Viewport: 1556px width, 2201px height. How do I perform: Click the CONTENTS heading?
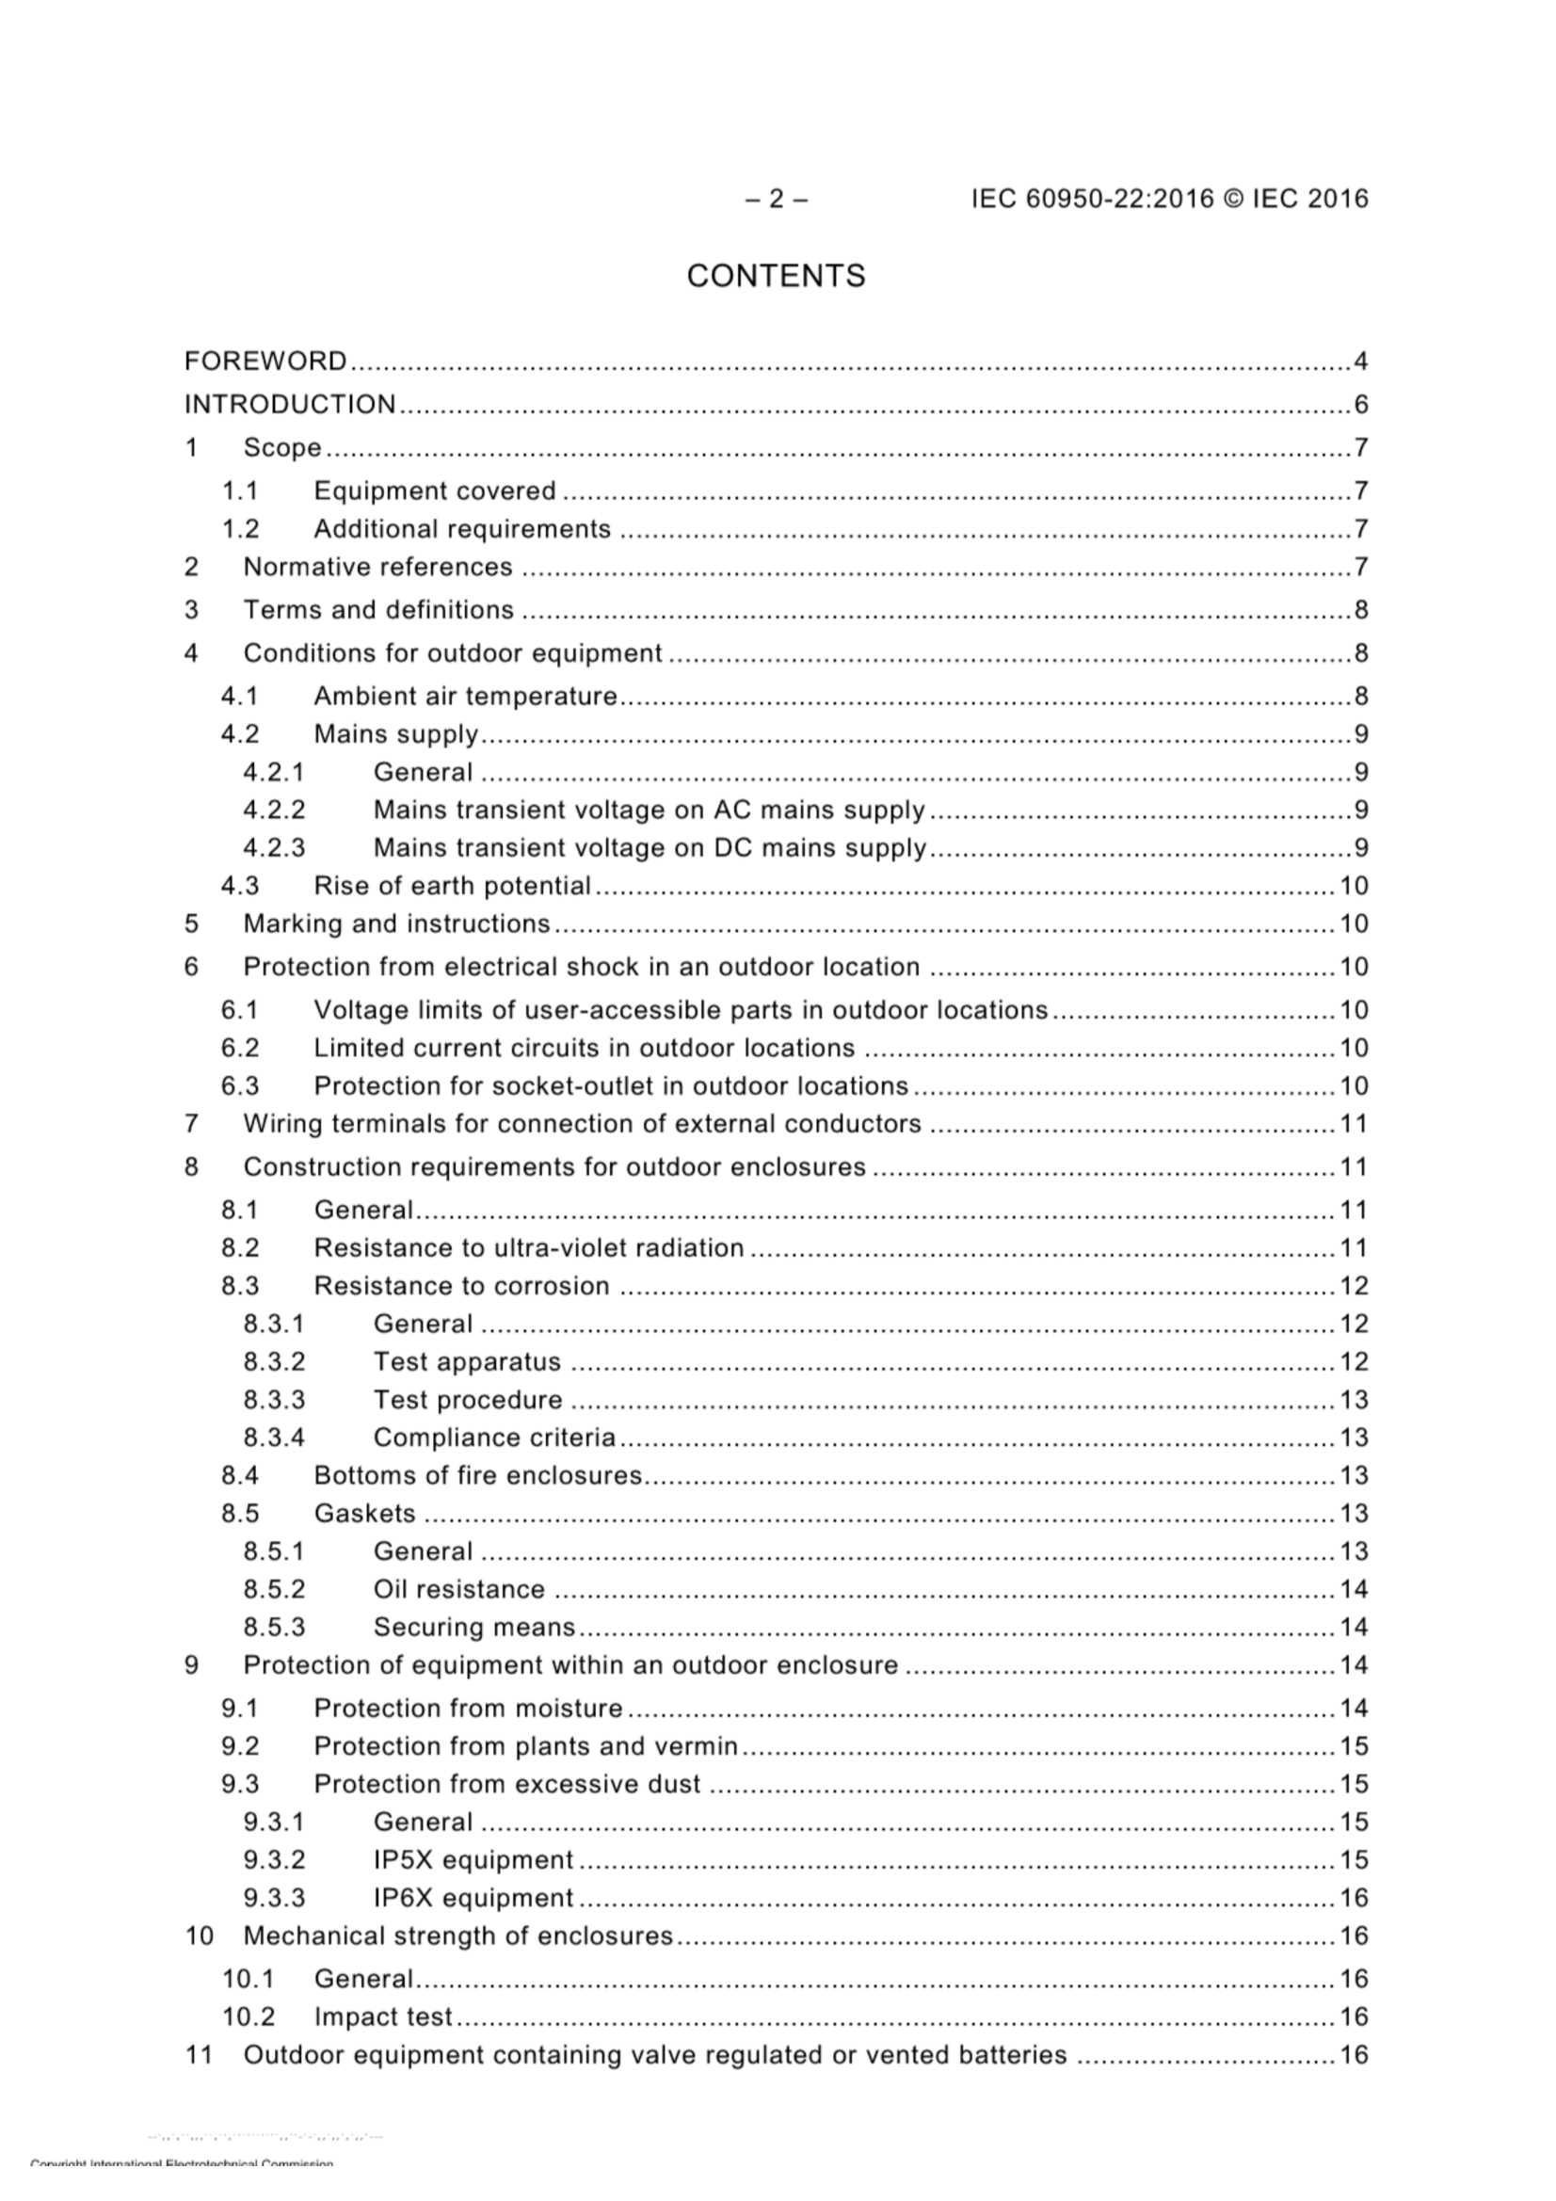tap(776, 276)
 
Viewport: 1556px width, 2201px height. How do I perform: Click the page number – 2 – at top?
tap(776, 199)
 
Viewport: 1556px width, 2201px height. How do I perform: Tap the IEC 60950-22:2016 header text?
tap(1169, 199)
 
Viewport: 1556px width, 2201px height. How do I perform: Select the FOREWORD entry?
tap(265, 361)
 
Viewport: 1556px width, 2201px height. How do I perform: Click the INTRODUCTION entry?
tap(290, 405)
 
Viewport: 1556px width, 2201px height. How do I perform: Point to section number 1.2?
tap(241, 529)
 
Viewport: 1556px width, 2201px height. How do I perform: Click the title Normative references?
tap(377, 568)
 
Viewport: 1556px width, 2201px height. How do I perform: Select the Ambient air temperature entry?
tap(466, 696)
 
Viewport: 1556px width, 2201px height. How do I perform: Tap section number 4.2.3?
tap(274, 848)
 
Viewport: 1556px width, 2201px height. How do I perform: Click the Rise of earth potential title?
tap(453, 886)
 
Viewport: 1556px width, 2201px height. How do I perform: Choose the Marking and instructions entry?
tap(397, 924)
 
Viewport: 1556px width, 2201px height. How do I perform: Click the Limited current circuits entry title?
tap(584, 1048)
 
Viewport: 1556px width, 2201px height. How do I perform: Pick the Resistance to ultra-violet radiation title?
tap(529, 1248)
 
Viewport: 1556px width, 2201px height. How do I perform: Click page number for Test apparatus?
tap(1353, 1362)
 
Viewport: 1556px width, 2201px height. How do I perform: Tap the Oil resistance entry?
tap(459, 1589)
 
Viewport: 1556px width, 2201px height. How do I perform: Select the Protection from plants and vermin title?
tap(526, 1746)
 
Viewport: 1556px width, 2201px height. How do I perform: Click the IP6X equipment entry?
tap(473, 1898)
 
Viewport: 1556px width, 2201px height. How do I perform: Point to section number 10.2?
tap(249, 2016)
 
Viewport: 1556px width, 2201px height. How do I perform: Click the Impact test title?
tap(382, 2016)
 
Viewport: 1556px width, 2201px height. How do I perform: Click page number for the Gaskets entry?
tap(1353, 1514)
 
